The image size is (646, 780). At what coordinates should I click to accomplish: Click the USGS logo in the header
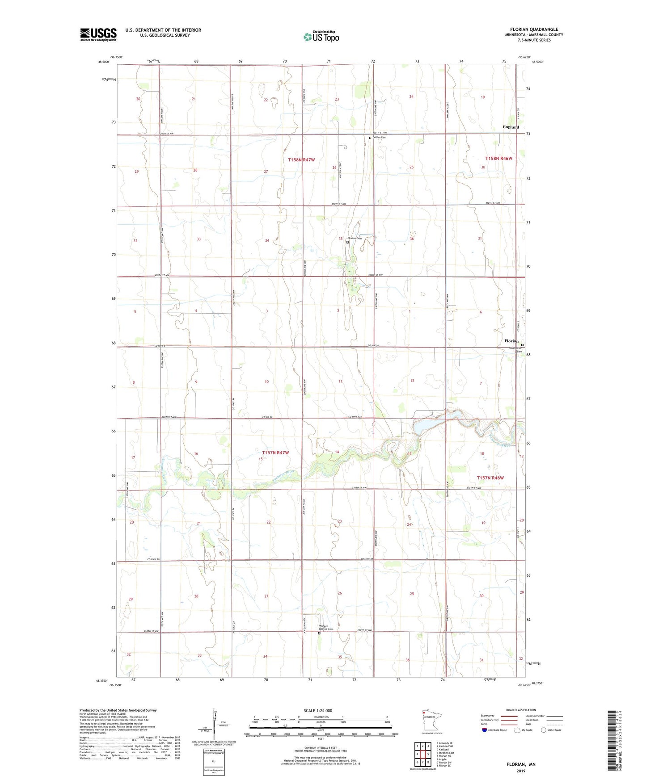pyautogui.click(x=98, y=34)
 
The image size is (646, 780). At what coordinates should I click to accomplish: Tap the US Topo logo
pyautogui.click(x=321, y=37)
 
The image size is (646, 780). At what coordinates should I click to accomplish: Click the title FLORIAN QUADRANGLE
pyautogui.click(x=534, y=29)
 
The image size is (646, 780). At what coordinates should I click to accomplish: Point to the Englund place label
pyautogui.click(x=511, y=127)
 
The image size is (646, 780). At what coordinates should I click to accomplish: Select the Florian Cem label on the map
pyautogui.click(x=354, y=238)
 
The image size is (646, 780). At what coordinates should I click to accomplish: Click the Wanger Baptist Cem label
pyautogui.click(x=326, y=628)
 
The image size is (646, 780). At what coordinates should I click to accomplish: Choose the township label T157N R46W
pyautogui.click(x=490, y=478)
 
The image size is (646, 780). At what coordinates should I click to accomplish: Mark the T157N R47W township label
pyautogui.click(x=275, y=453)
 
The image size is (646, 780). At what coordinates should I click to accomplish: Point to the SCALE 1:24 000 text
pyautogui.click(x=318, y=711)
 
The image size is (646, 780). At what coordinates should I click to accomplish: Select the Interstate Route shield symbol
pyautogui.click(x=485, y=730)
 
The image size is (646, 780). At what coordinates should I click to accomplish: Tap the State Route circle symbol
pyautogui.click(x=543, y=730)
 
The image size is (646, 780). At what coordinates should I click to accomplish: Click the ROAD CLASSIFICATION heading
pyautogui.click(x=521, y=710)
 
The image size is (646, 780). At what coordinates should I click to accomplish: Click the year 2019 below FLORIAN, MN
pyautogui.click(x=521, y=771)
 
